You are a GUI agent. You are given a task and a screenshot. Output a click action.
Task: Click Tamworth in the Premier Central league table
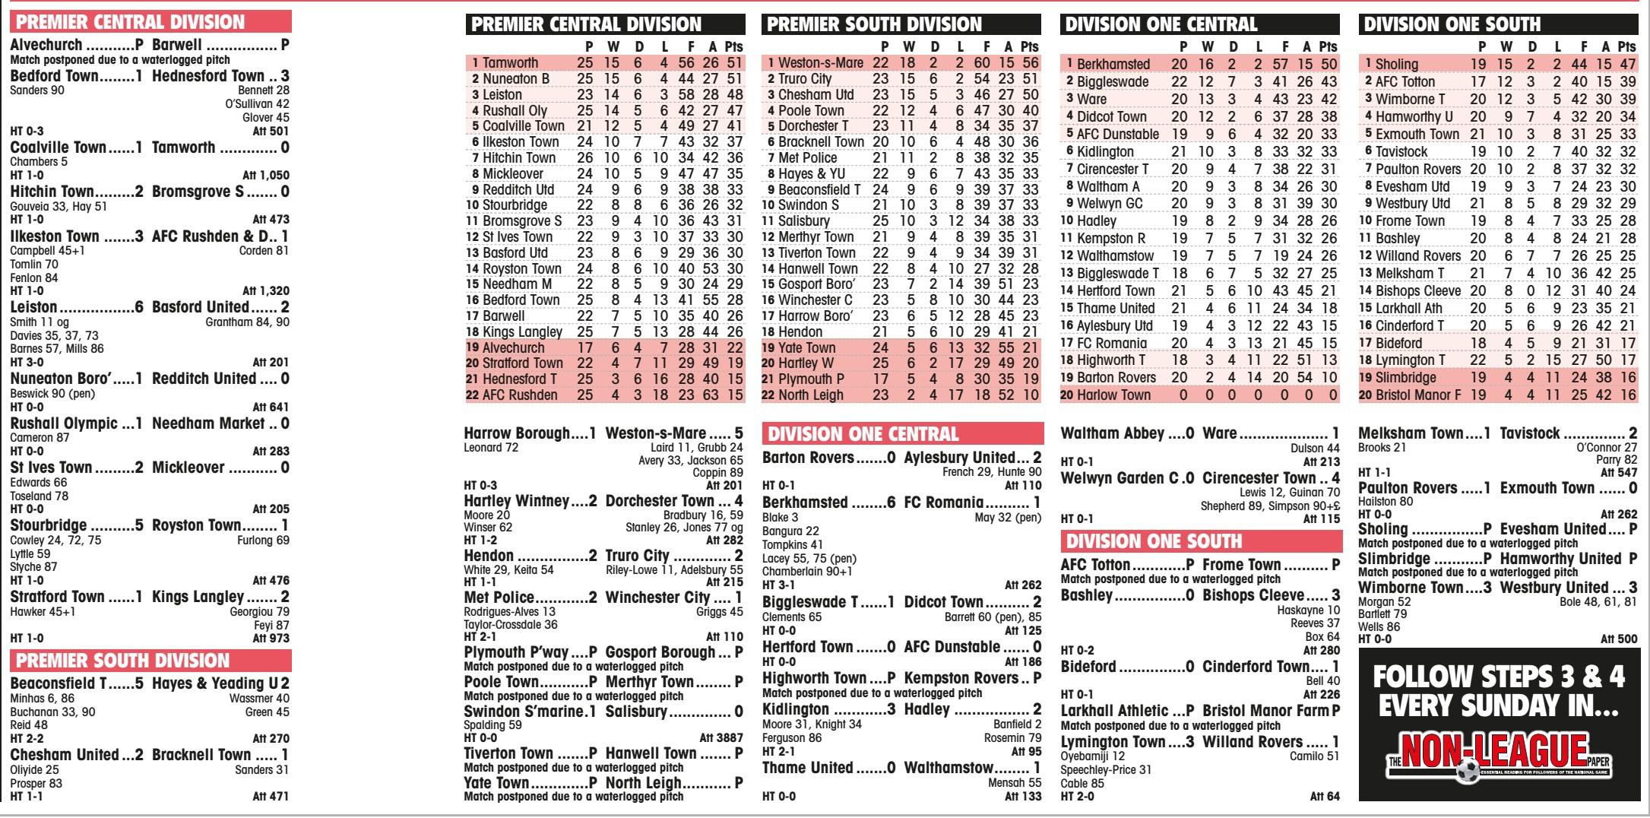point(510,63)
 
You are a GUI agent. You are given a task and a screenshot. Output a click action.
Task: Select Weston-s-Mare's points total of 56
point(1030,63)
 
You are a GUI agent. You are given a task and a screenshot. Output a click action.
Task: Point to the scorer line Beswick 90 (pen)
point(52,394)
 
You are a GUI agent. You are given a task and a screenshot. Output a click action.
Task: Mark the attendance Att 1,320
point(265,290)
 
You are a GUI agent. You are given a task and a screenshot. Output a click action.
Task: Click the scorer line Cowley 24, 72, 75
point(55,540)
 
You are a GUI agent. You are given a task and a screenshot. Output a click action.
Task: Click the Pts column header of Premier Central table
point(733,46)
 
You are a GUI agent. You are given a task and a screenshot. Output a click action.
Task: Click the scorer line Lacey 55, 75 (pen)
point(809,558)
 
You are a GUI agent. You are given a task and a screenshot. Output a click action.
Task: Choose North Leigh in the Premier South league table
point(810,395)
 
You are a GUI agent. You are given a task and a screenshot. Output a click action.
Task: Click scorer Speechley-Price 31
point(1106,769)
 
